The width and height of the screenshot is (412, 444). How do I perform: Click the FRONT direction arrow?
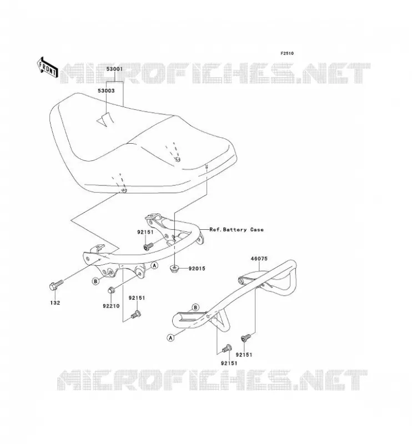[48, 67]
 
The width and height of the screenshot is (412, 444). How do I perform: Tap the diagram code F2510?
[287, 53]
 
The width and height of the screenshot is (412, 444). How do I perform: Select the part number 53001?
[114, 69]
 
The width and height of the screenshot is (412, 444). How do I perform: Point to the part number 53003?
[106, 90]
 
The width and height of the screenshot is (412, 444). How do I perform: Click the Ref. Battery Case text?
[237, 230]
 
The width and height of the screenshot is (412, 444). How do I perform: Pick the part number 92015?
[197, 269]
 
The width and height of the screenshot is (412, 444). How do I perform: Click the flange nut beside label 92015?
[174, 268]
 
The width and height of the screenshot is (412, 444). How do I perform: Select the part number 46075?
[259, 259]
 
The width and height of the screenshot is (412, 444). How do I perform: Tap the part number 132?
[55, 302]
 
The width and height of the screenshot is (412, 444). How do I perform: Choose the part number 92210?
[111, 306]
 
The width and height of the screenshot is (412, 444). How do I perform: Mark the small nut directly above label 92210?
[111, 290]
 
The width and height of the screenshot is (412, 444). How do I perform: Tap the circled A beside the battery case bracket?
[154, 265]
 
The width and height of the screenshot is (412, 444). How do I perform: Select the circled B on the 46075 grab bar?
[195, 307]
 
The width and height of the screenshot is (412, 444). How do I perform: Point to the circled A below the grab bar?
[170, 337]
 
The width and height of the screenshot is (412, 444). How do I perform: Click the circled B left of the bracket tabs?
[96, 281]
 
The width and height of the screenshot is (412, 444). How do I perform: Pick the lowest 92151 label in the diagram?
[229, 364]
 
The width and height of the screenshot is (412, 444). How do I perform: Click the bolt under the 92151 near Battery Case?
[148, 246]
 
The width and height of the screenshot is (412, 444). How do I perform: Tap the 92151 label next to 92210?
[137, 298]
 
